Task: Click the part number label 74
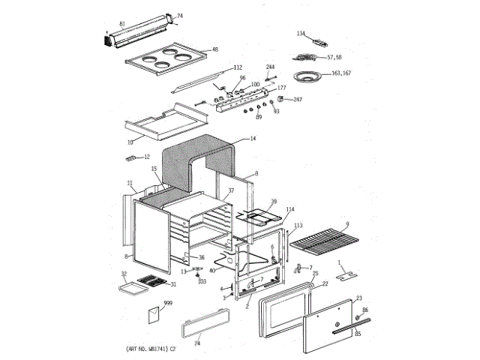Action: click(x=179, y=16)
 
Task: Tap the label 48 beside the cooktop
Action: click(x=214, y=49)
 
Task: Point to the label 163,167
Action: click(x=341, y=73)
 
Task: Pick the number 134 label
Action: click(x=301, y=34)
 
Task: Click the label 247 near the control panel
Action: click(x=297, y=100)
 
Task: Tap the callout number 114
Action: click(x=289, y=208)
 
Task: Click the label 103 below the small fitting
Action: click(x=201, y=281)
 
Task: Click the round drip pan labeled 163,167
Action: click(x=307, y=76)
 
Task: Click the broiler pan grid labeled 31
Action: click(x=155, y=283)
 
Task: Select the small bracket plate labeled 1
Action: click(x=346, y=276)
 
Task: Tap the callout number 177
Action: click(x=282, y=88)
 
